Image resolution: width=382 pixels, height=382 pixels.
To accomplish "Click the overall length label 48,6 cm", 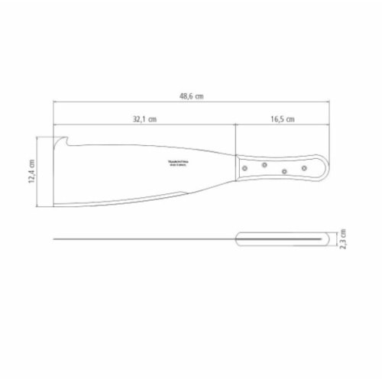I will pos(191,96).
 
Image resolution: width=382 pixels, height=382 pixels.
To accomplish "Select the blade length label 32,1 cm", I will pos(144,119).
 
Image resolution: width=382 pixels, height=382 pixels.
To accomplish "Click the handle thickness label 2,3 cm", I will pos(345,239).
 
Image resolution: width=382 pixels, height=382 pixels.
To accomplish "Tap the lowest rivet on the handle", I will pos(284,173).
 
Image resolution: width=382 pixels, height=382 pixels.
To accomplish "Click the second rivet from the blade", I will pos(264,163).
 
